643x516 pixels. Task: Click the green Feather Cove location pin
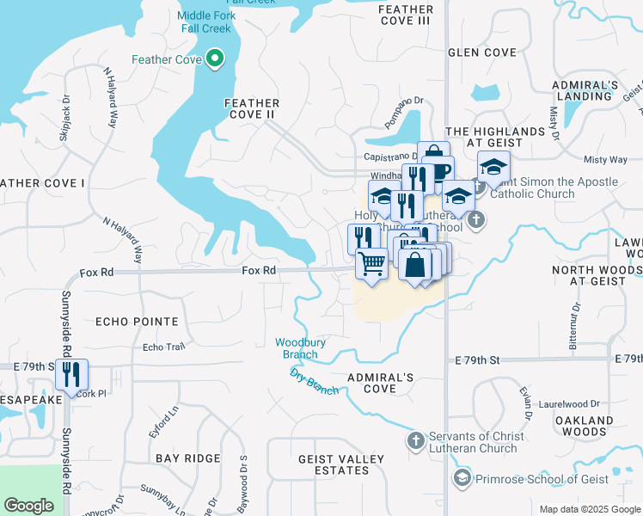tap(215, 60)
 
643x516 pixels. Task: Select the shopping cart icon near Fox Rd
tap(371, 263)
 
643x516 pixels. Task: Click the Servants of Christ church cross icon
tap(415, 441)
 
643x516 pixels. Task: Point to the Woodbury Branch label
tap(300, 348)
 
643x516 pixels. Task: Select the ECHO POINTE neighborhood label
tap(137, 322)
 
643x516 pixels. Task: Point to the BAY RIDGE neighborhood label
tap(187, 458)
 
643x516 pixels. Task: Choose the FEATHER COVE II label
tap(251, 108)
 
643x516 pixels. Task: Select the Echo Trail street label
tap(163, 347)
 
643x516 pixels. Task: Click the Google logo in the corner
tap(29, 506)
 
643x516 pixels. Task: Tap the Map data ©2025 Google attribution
tap(589, 509)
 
